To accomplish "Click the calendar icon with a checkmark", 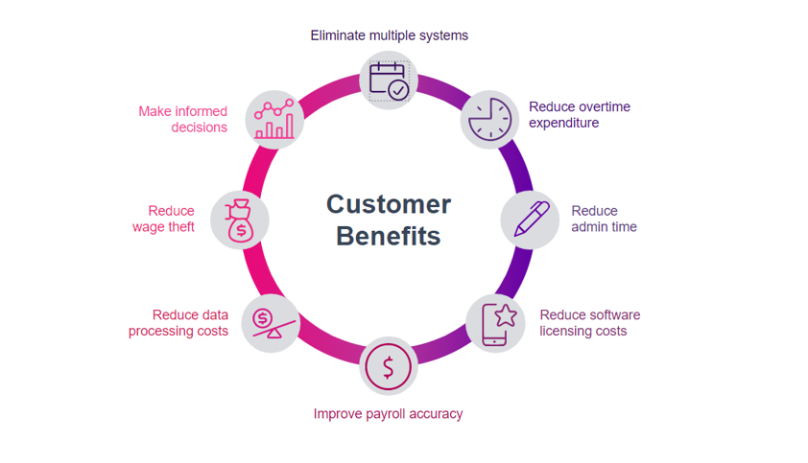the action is [x=389, y=81].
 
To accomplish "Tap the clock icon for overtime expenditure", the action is [x=490, y=120].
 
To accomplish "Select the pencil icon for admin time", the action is [x=532, y=220].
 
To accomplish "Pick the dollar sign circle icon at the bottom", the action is [x=388, y=367].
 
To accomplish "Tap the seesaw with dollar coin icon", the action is [x=273, y=323].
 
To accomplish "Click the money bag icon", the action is [x=239, y=220].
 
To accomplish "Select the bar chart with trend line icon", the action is [x=274, y=119].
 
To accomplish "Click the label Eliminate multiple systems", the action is [x=389, y=35].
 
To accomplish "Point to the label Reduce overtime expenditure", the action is [x=580, y=115].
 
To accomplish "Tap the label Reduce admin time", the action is [x=604, y=219].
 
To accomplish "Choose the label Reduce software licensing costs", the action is [x=590, y=323].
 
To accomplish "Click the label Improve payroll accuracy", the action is [x=388, y=414].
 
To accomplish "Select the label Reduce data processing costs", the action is [x=178, y=323].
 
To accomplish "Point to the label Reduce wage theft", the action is [x=163, y=219].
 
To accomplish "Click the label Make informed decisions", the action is [x=183, y=119].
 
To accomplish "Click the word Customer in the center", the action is [x=389, y=204].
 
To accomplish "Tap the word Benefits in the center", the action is [x=388, y=236].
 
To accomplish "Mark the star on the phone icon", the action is [x=506, y=315].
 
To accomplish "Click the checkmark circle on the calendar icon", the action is [x=398, y=90].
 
